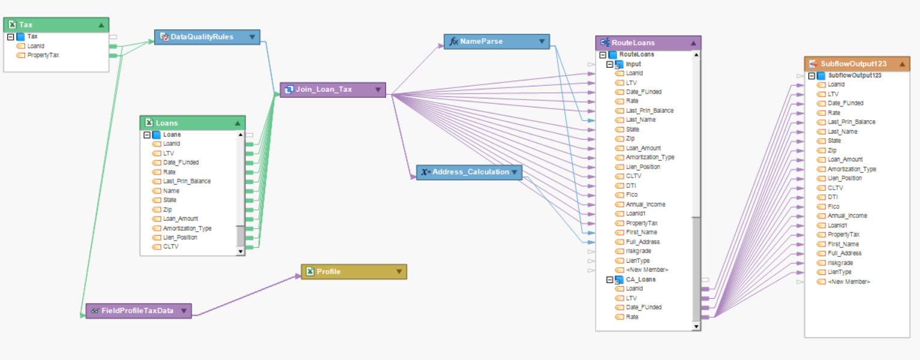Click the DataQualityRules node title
coord(202,37)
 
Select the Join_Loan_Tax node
coord(323,89)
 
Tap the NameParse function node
coord(481,41)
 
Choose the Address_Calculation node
coord(471,172)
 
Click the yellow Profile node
coord(328,272)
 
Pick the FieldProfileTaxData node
coord(137,311)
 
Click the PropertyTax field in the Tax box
coord(43,55)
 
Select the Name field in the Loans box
coord(171,191)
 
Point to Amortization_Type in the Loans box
coord(187,228)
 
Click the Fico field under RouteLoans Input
coord(631,195)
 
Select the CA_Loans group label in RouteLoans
coord(640,279)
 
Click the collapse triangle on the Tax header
coord(101,25)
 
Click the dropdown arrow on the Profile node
coord(399,272)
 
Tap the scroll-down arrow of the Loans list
coord(241,252)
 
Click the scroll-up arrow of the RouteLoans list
coord(696,55)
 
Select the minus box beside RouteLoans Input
coord(610,64)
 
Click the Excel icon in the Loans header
coord(149,123)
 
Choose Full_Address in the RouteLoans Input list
coord(642,242)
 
